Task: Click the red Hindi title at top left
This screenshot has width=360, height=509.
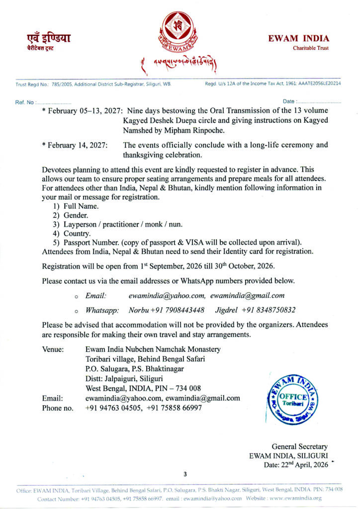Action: coord(49,38)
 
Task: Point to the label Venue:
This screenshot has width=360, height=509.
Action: coord(53,349)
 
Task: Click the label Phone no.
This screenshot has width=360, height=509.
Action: coord(58,408)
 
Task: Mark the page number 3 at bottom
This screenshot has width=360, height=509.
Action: coord(185,474)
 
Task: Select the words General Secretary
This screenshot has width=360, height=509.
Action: coord(299,447)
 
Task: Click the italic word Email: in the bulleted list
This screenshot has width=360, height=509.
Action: coord(96,296)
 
